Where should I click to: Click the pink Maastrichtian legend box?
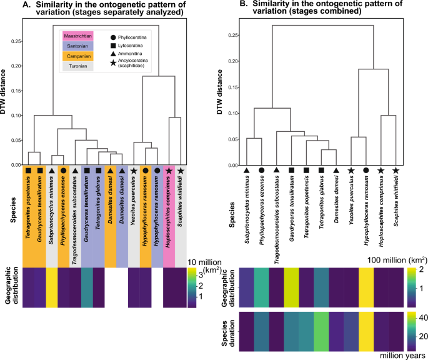[76, 37]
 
